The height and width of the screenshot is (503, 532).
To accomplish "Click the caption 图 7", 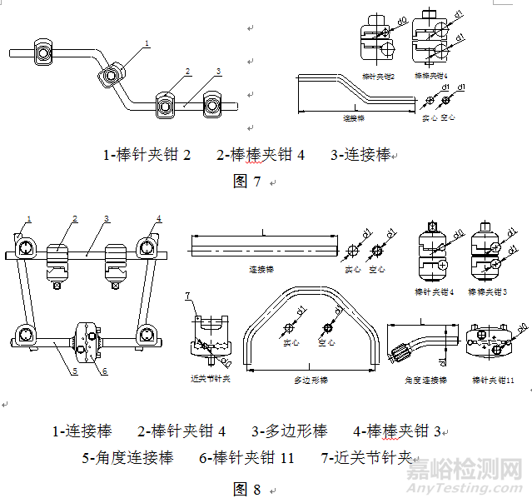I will coord(246,182).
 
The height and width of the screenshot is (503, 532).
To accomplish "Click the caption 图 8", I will coord(246,489).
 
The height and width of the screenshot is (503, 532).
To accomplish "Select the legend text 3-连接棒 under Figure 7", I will coord(360,155).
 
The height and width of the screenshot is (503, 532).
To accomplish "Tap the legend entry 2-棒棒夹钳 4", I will coord(261,155).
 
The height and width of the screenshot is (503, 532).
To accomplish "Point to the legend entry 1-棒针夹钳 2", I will coord(147,155).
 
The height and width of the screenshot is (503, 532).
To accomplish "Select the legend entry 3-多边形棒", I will coord(290,431).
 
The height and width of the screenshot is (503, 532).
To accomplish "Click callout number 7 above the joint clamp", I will coord(188,296).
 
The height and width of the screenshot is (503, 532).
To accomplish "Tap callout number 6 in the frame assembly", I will coord(105,371).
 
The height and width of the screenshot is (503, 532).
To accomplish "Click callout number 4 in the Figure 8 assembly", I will coord(158,219).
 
